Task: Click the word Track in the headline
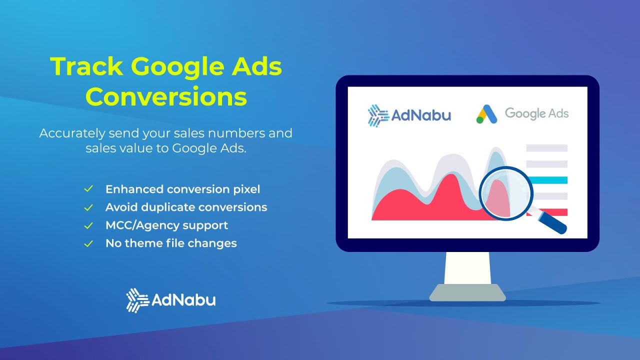86,67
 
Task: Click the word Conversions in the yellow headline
166,96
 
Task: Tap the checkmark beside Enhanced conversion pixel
88,189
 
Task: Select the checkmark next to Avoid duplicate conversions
88,207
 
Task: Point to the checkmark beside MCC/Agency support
88,225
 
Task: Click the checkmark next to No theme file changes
88,243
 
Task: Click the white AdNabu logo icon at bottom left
137,300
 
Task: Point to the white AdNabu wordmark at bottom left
183,300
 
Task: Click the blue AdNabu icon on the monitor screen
378,115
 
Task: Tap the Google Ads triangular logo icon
486,114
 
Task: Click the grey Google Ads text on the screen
536,113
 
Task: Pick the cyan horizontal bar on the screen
547,180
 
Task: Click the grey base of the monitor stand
467,292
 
